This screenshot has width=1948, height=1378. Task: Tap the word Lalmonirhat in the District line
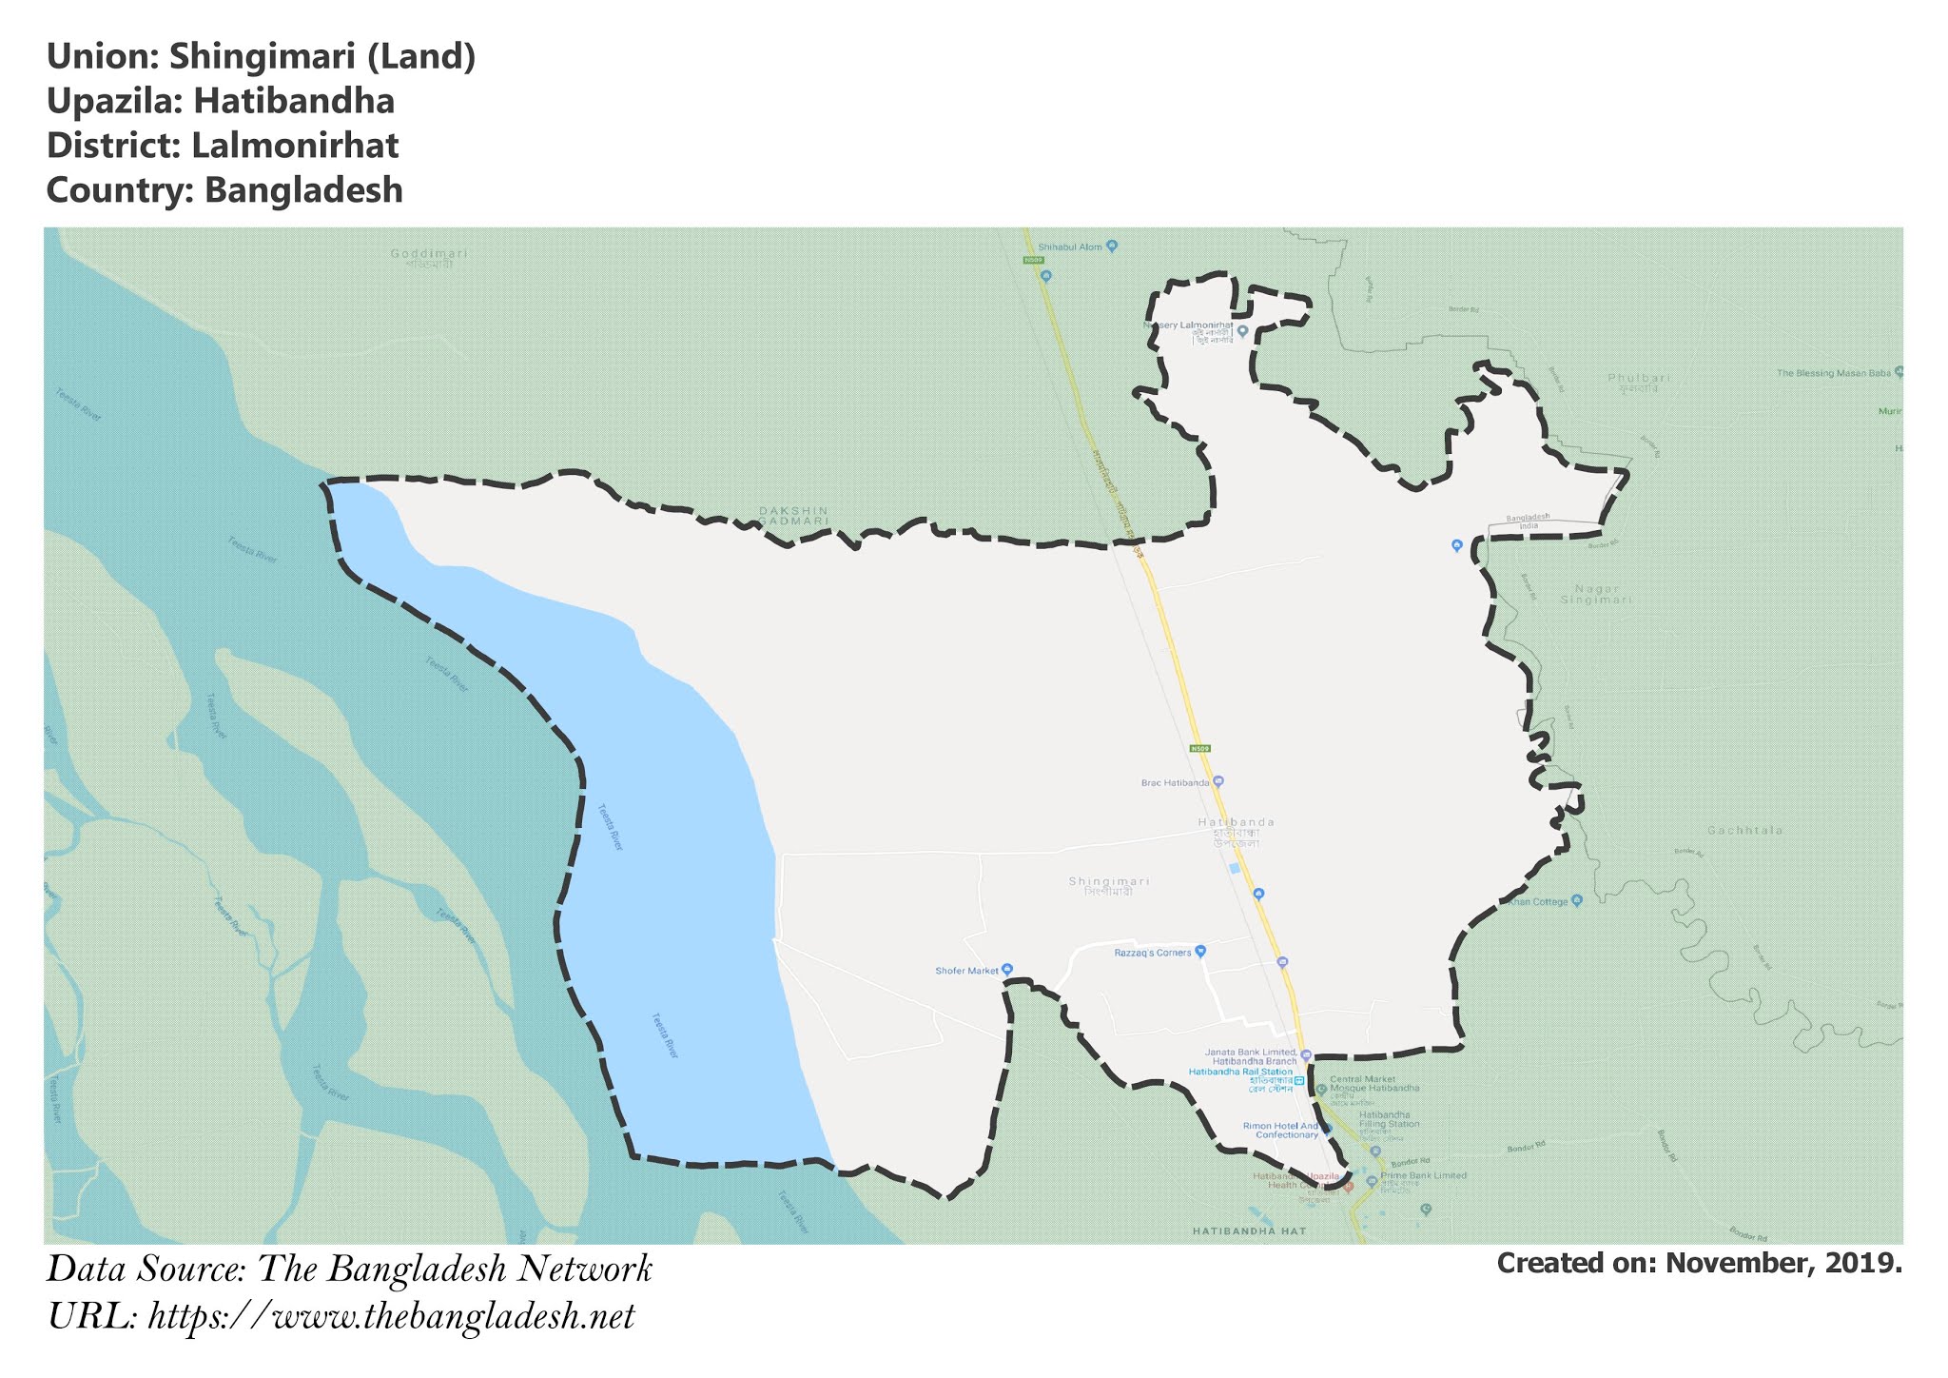click(x=295, y=146)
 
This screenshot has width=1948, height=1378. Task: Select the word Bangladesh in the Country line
click(x=303, y=190)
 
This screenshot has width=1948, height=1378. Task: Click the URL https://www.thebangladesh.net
click(x=391, y=1317)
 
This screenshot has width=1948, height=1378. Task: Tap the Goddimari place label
click(x=429, y=254)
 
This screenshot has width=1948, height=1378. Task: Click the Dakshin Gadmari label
click(x=793, y=516)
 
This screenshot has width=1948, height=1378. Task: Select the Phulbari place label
click(x=1639, y=379)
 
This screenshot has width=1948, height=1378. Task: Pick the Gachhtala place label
click(x=1744, y=831)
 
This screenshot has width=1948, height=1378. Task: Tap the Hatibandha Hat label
click(x=1250, y=1231)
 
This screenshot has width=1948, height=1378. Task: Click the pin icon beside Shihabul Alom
click(x=1112, y=246)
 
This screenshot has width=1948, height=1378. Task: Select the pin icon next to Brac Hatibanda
click(x=1217, y=782)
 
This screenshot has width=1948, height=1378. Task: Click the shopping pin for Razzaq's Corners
click(x=1200, y=951)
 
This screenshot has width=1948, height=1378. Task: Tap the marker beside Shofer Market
click(x=1007, y=970)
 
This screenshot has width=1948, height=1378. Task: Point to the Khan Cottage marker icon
click(x=1577, y=900)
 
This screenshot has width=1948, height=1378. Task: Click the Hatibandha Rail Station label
click(x=1240, y=1072)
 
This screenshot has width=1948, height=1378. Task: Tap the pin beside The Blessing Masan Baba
click(x=1899, y=372)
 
